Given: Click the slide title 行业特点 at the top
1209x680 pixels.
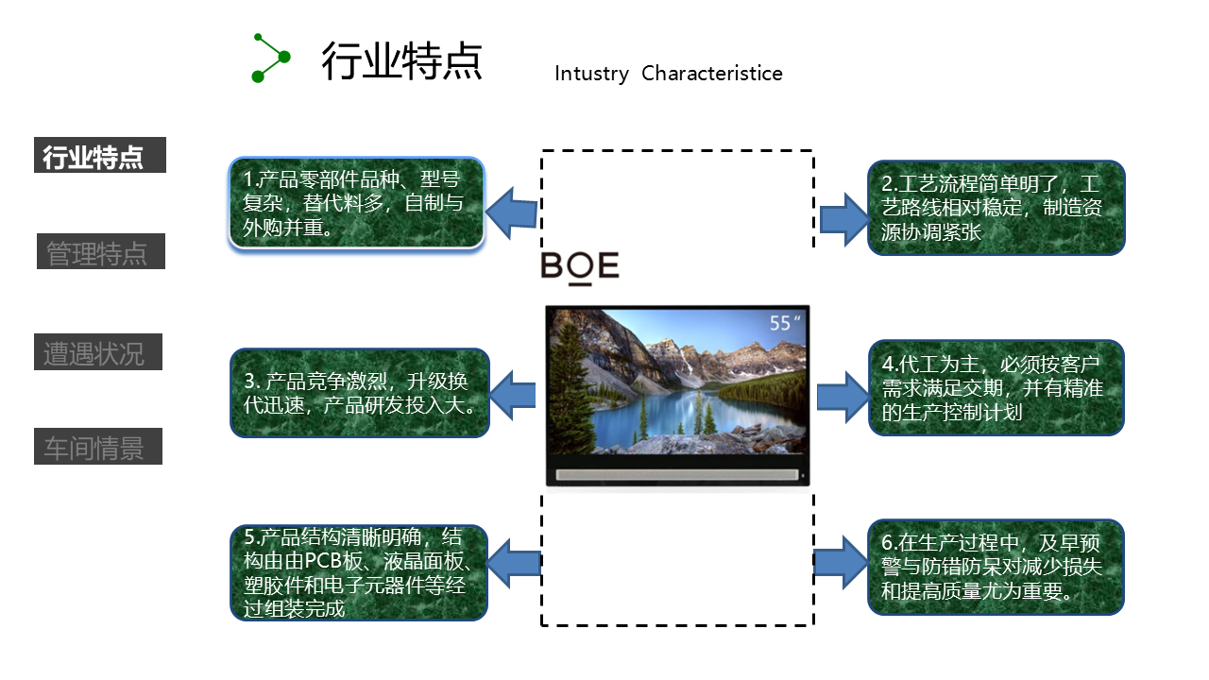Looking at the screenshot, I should pos(401,61).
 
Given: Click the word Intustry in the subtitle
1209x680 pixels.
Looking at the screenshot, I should pos(591,74).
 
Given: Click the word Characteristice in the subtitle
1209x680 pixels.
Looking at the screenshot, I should pos(711,74).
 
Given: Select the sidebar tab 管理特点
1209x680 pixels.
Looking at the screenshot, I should pos(100,252).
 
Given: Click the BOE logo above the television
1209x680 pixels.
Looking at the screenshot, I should pos(579,266).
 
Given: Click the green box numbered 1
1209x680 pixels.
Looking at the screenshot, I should pos(356,203).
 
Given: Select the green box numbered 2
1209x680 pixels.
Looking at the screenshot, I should pos(996,208).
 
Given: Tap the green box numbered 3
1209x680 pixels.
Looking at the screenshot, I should pos(359,393).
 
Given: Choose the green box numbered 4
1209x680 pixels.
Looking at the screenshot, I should pos(996,387).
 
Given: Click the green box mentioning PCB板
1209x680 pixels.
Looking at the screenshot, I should pos(359,572).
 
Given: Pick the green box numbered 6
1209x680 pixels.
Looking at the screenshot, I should pos(996,567).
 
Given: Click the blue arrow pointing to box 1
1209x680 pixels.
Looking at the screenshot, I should pos(511,212).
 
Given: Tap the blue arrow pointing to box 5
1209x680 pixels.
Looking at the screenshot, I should pos(511,564).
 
